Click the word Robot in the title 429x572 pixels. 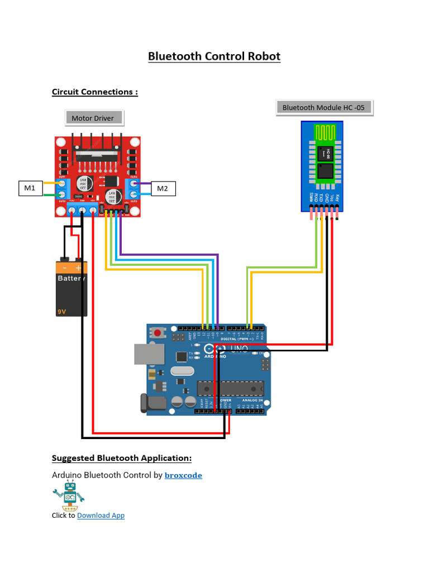tap(264, 56)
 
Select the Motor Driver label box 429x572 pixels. tap(93, 118)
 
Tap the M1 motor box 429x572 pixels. tap(30, 188)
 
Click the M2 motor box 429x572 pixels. tap(162, 188)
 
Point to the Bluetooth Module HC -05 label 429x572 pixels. tap(324, 107)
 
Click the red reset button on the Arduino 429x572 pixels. tap(158, 333)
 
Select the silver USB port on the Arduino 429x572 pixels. tap(149, 354)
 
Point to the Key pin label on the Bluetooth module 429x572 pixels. tap(337, 198)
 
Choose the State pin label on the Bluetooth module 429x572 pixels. tap(311, 197)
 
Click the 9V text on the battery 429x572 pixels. tap(61, 312)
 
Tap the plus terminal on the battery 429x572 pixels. tap(79, 268)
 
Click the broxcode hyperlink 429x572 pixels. tap(183, 475)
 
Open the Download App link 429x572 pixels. tap(101, 515)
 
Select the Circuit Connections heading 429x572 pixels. tap(94, 92)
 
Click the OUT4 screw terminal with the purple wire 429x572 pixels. tap(134, 183)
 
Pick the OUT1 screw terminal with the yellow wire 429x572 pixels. tap(61, 183)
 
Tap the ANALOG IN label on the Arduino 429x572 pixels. tap(252, 401)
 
